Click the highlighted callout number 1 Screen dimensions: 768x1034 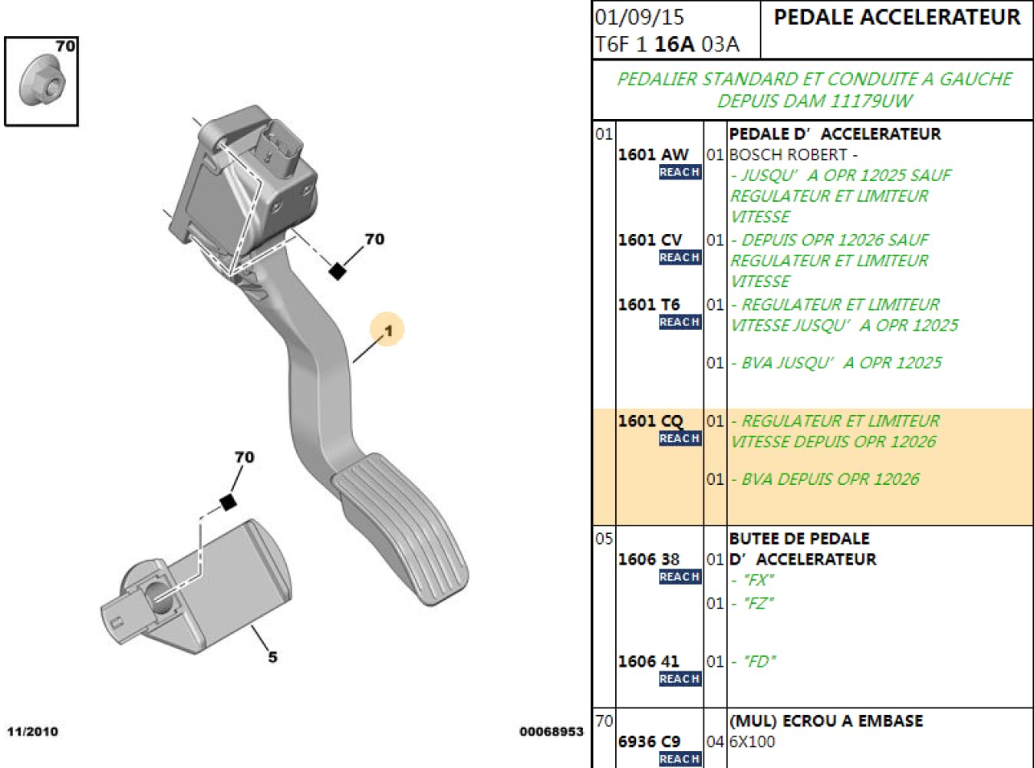click(x=387, y=330)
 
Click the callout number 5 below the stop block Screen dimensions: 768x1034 click(x=272, y=657)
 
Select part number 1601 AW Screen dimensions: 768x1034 click(x=653, y=155)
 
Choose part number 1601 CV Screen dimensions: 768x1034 click(x=650, y=240)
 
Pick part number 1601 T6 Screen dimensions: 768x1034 click(x=649, y=305)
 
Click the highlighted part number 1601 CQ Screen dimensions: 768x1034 click(x=650, y=421)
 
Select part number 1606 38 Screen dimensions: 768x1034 click(x=648, y=559)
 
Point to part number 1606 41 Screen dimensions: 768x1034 click(x=648, y=661)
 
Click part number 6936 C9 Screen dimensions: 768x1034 click(x=649, y=742)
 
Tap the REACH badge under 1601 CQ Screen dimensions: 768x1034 click(x=680, y=439)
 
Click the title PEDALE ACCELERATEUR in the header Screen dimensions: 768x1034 click(x=897, y=18)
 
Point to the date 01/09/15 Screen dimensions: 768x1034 click(x=640, y=17)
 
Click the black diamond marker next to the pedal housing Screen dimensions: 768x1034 click(x=337, y=271)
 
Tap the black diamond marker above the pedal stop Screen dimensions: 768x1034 click(x=228, y=502)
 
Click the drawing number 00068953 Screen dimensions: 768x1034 click(x=551, y=731)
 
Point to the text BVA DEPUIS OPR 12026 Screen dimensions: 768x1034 click(x=829, y=480)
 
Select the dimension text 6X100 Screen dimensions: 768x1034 click(x=752, y=742)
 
